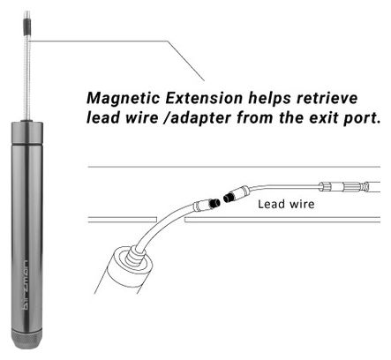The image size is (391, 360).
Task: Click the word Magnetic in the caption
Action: click(x=124, y=99)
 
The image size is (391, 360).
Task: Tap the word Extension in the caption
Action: click(x=204, y=98)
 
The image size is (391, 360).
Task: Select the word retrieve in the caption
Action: click(x=327, y=98)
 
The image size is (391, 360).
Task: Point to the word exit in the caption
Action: click(x=323, y=117)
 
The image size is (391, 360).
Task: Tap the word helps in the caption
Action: click(x=269, y=99)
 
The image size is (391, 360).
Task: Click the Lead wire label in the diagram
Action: click(x=286, y=204)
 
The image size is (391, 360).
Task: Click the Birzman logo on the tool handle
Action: click(x=26, y=285)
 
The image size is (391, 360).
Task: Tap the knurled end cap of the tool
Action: click(x=26, y=339)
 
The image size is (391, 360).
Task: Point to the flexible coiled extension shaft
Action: click(x=27, y=78)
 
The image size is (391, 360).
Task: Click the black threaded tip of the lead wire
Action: click(x=229, y=197)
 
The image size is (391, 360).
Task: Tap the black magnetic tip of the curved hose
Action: click(x=214, y=203)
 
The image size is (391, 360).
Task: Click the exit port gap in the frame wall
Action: click(x=170, y=220)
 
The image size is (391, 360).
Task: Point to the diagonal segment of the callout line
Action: click(x=186, y=61)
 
